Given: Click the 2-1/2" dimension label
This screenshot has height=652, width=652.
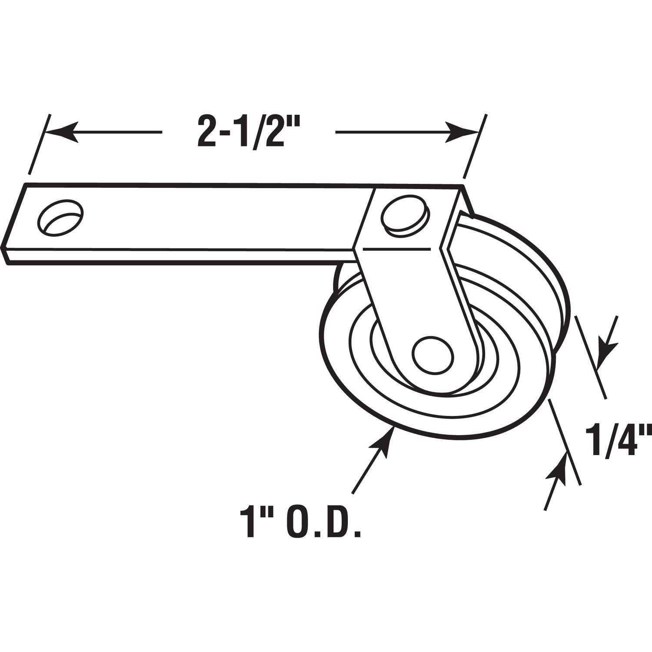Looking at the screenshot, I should click(x=248, y=131).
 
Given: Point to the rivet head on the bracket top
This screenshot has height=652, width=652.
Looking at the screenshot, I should click(x=405, y=215).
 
